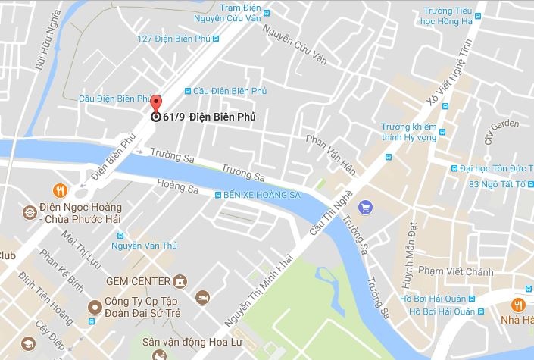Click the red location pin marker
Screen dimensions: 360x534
[x=156, y=105]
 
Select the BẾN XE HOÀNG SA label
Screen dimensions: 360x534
[x=262, y=195]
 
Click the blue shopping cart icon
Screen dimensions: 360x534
[x=365, y=205]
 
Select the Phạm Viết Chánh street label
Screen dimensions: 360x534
[x=456, y=272]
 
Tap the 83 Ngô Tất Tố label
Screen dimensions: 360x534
[x=501, y=184]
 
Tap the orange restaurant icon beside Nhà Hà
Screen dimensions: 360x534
[x=518, y=305]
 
